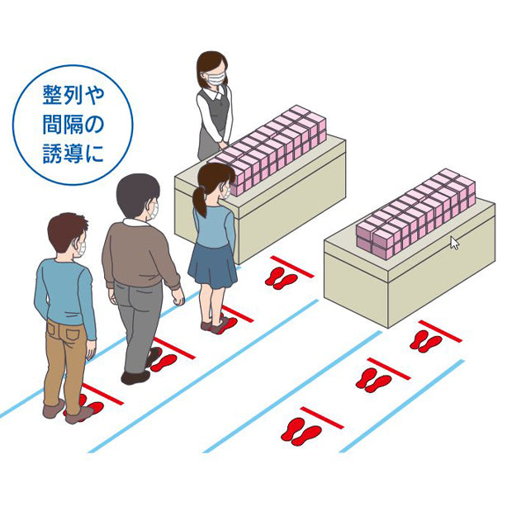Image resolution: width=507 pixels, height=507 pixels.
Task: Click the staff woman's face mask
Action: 216,78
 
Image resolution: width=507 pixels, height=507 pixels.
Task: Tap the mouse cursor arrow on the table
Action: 455,243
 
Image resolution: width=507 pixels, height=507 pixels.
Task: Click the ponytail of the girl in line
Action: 200,201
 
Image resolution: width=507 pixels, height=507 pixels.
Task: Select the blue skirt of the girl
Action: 212,266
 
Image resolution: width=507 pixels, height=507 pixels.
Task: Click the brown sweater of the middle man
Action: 140,254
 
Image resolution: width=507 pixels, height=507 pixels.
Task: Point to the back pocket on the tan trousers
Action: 73,330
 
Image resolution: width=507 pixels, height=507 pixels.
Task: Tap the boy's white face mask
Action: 82,248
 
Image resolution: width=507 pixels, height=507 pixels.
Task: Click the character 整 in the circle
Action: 53,95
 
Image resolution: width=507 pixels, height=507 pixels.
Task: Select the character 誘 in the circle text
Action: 53,153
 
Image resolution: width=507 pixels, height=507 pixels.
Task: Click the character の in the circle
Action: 94,124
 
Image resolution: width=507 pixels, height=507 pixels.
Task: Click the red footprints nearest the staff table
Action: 281,278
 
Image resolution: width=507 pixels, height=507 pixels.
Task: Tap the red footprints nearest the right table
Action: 425,341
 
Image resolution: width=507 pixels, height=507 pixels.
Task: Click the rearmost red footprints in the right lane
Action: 301,431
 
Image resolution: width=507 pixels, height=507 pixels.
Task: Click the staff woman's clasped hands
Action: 224,144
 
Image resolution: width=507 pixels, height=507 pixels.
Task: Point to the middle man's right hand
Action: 178,297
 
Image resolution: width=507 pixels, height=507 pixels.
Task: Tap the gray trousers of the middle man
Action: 137,325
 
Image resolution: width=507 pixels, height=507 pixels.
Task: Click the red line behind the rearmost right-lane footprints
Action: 322,418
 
